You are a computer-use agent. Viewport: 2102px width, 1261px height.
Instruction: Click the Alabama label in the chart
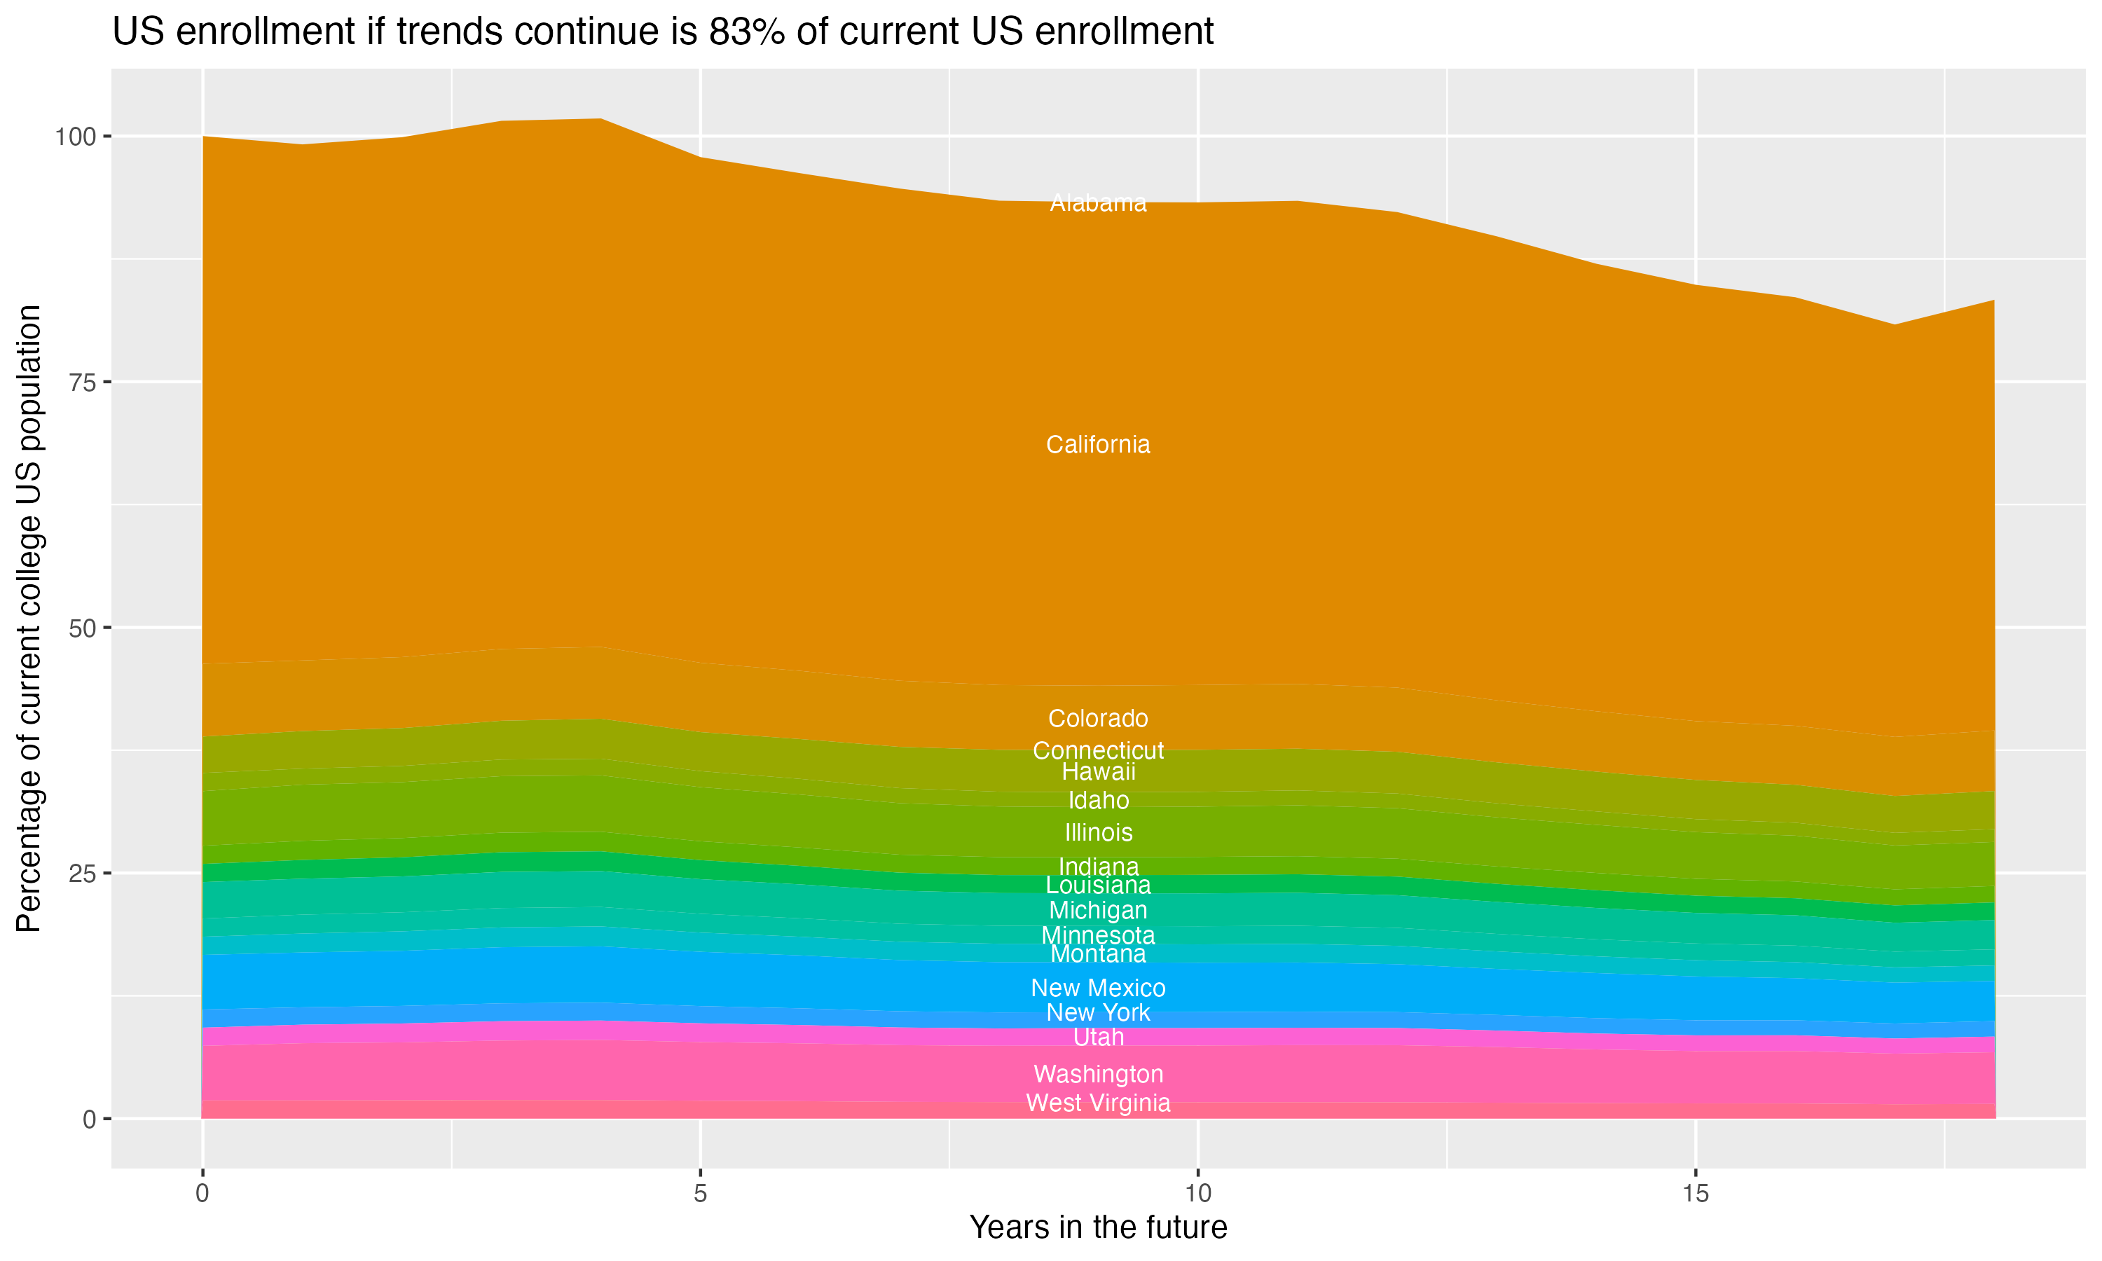click(x=1098, y=203)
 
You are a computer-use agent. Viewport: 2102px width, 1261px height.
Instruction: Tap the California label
click(x=1098, y=444)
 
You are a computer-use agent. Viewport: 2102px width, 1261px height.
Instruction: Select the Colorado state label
click(x=1098, y=718)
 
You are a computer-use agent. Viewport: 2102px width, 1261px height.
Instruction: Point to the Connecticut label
click(x=1098, y=750)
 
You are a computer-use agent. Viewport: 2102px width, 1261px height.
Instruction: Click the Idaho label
click(x=1098, y=801)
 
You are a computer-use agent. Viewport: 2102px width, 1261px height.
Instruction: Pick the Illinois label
click(x=1098, y=833)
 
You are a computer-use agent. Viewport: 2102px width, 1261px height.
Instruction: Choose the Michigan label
click(x=1098, y=910)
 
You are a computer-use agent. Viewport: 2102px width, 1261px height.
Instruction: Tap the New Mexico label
click(x=1098, y=988)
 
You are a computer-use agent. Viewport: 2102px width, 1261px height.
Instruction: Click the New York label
click(x=1098, y=1013)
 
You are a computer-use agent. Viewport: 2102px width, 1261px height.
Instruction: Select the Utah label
click(x=1098, y=1038)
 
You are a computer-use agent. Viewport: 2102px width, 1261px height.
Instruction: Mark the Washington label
click(x=1098, y=1074)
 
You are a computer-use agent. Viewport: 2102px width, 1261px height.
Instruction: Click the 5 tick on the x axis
click(x=700, y=1194)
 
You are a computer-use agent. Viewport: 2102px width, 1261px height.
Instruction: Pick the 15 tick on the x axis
click(x=1695, y=1194)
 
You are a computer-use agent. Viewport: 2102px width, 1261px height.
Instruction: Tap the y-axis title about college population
click(x=29, y=619)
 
